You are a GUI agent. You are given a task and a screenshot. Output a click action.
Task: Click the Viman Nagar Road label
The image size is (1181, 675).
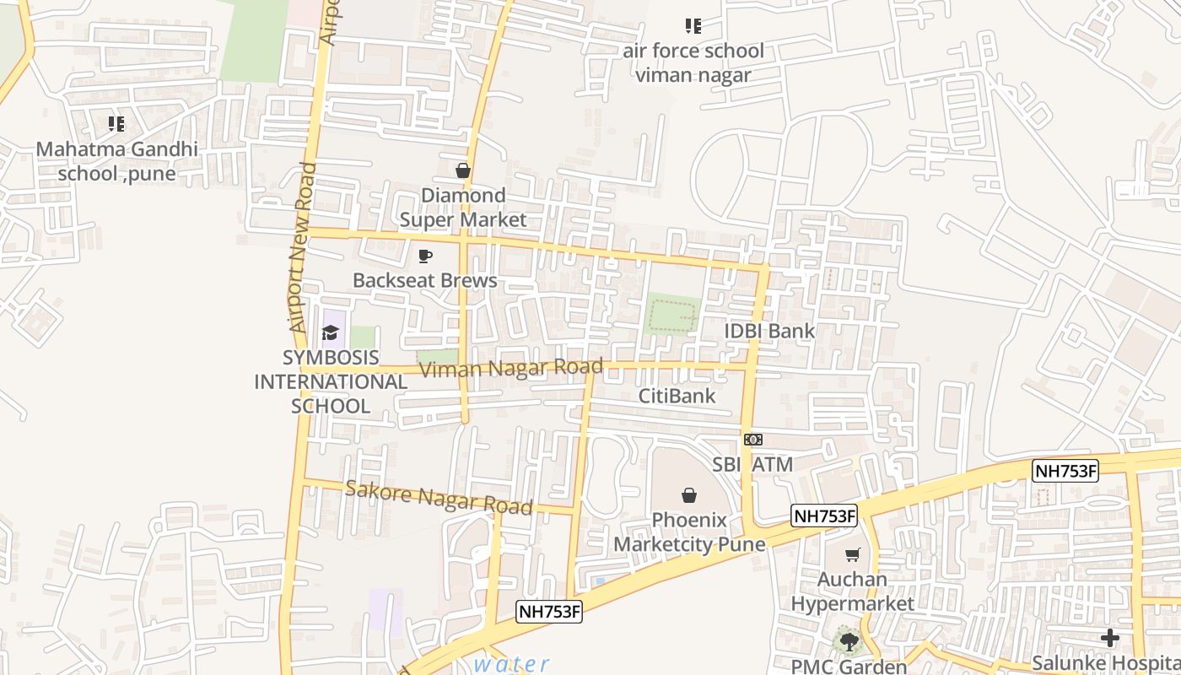511,369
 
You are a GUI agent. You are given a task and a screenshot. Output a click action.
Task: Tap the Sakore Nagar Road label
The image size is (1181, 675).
439,498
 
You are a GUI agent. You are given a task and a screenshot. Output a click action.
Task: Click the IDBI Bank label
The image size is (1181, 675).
769,331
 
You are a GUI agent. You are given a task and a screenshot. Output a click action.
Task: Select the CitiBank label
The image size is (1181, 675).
677,396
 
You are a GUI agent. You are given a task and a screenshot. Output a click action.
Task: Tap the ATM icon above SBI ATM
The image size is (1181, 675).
753,440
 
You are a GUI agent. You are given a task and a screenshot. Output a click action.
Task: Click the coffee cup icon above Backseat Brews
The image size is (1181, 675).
425,256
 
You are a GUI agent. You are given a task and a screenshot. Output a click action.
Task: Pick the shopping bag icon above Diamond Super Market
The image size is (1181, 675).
462,171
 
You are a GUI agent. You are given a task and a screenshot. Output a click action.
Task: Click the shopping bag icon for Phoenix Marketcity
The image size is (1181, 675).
689,495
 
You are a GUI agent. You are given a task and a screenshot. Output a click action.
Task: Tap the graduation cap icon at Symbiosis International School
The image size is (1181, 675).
330,333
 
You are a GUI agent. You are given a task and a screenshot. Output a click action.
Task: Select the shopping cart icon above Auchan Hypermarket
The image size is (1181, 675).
852,554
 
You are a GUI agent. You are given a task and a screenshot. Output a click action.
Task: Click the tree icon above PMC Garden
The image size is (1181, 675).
849,643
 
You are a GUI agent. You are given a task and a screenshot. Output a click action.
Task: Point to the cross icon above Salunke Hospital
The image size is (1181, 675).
1110,638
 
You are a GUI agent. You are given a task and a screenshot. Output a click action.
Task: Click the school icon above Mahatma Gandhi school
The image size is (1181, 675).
116,125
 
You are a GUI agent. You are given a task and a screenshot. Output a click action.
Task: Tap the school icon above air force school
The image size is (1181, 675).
693,26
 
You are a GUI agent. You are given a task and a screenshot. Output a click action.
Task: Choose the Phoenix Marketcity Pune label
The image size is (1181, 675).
689,532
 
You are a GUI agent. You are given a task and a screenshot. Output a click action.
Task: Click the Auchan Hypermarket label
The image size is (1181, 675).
852,591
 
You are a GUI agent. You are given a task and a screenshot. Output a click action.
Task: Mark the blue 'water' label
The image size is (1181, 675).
511,664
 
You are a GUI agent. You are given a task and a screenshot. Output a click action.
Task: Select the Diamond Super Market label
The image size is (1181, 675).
462,208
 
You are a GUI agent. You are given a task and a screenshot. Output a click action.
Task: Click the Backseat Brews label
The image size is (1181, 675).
425,280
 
